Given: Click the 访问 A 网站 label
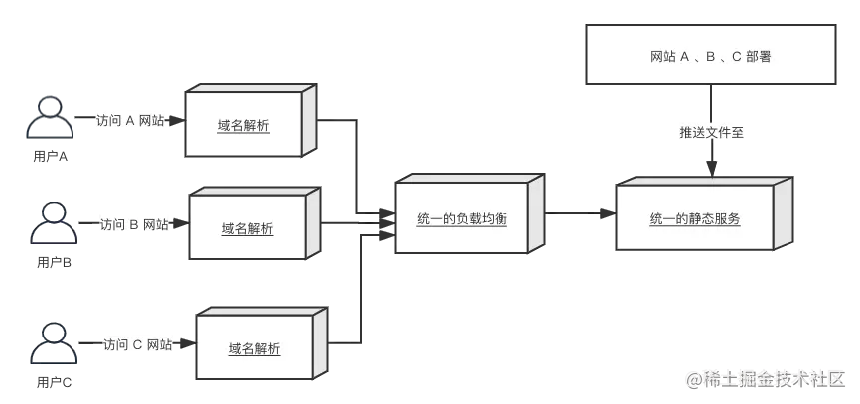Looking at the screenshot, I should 130,121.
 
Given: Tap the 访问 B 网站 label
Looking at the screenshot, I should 136,224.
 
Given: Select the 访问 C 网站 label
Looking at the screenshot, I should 138,345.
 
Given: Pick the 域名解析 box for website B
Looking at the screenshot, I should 247,228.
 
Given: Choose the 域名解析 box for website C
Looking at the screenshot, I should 254,348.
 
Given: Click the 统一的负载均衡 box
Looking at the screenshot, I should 462,218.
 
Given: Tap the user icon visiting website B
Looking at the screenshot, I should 51,225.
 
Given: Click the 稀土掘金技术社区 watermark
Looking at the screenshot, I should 765,378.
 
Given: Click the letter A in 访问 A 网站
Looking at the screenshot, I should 131,121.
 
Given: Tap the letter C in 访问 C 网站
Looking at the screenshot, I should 138,345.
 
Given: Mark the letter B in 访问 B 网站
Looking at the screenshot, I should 134,224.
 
